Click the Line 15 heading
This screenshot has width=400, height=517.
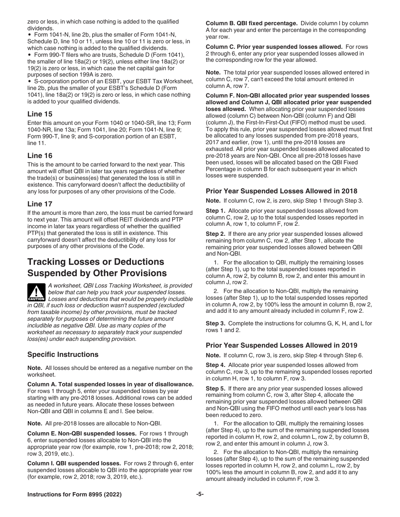40,114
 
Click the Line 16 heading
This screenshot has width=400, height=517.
40,156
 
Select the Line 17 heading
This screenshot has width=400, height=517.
40,204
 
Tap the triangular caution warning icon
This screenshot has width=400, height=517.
36,292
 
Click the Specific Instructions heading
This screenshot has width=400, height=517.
63,354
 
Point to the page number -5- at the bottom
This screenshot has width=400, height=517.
200,494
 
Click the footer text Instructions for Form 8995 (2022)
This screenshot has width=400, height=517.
75,495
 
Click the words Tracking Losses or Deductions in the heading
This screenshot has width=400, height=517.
96,262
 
